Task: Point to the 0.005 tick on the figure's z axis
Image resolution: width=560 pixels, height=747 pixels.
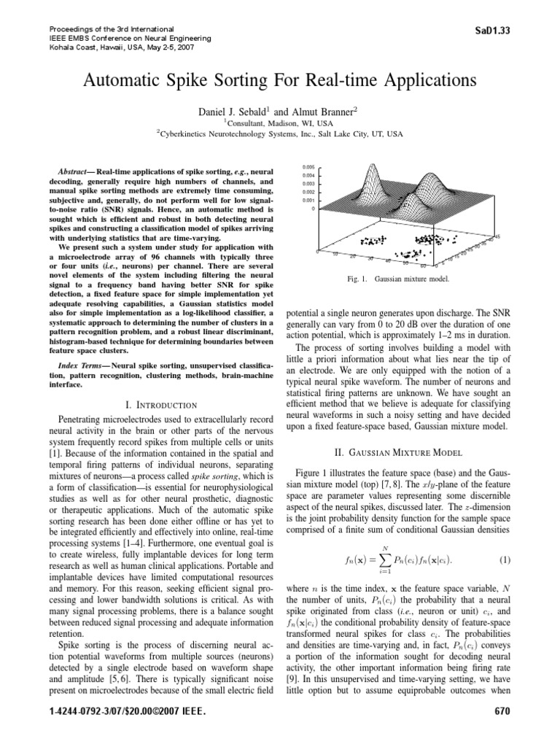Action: coord(308,168)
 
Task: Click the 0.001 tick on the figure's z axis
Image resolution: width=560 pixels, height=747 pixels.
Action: coord(308,200)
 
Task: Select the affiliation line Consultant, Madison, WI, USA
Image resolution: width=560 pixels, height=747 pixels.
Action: coord(273,123)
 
